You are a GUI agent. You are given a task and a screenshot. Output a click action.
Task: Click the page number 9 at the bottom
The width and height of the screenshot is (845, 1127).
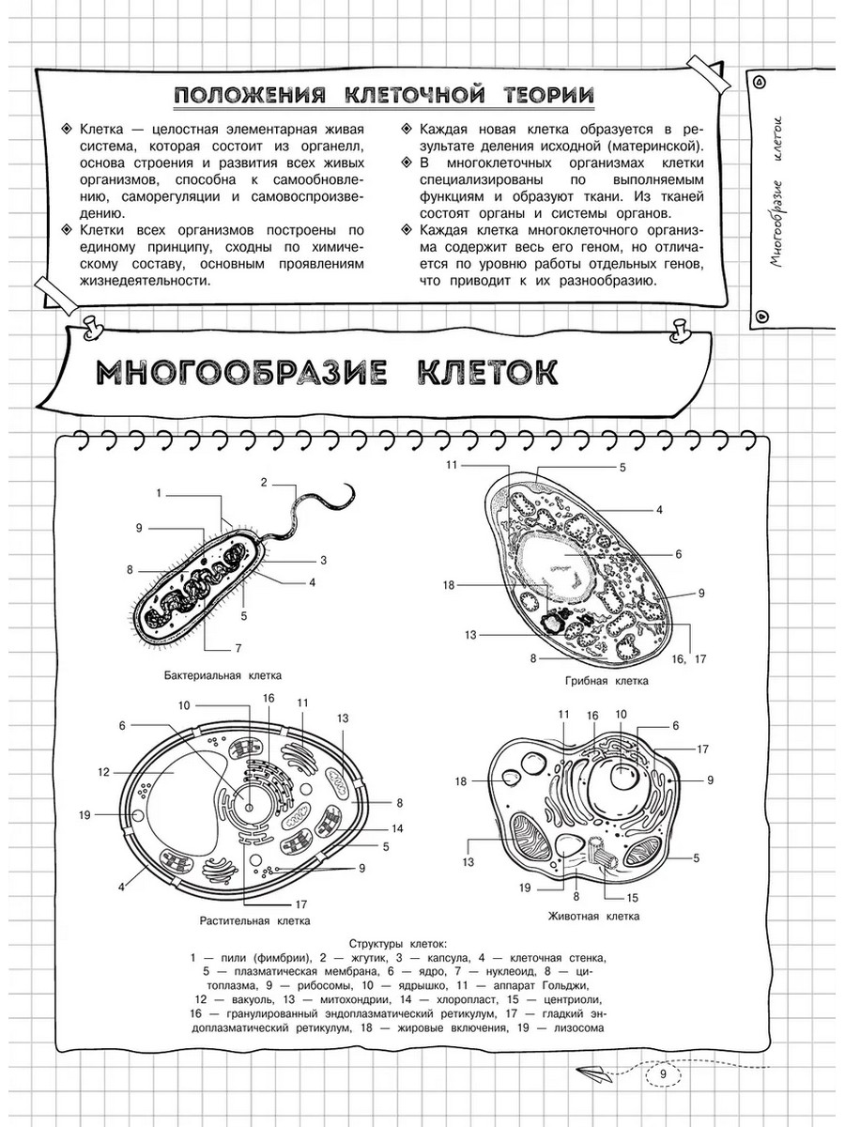click(x=663, y=1076)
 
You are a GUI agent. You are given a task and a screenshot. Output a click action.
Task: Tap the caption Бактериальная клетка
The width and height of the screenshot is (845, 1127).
click(x=223, y=675)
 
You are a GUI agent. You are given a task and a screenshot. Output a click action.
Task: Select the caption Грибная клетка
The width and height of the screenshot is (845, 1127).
click(x=607, y=681)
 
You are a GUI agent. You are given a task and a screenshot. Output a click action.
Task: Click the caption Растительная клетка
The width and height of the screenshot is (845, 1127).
click(x=255, y=920)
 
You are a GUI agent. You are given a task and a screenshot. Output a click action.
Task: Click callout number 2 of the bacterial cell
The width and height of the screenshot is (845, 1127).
click(x=265, y=483)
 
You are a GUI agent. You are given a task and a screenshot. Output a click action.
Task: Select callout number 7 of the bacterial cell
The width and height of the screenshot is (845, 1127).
click(x=238, y=648)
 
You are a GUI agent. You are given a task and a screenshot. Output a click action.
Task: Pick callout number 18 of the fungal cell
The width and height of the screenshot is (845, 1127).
click(x=449, y=584)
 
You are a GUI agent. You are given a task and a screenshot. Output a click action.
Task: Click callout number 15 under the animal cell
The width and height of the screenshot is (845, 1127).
click(x=632, y=897)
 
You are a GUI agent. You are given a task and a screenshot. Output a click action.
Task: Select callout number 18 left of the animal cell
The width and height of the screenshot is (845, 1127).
click(x=461, y=781)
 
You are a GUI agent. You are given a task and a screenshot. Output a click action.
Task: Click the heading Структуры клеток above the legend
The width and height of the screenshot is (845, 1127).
click(x=398, y=943)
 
